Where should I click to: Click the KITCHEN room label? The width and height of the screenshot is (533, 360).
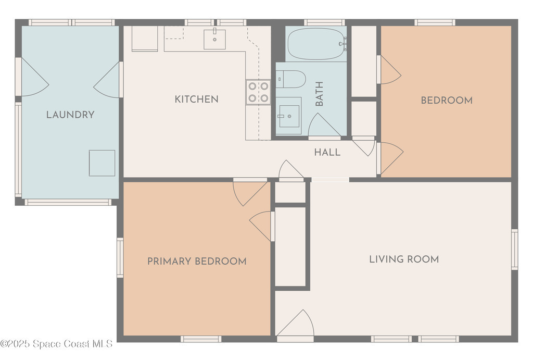pyautogui.click(x=196, y=100)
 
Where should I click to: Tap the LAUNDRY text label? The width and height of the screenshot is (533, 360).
pyautogui.click(x=70, y=115)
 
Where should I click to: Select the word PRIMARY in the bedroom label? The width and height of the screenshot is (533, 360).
pyautogui.click(x=169, y=262)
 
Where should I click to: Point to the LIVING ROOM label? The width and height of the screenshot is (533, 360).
pyautogui.click(x=404, y=259)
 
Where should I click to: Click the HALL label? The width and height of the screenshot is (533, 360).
pyautogui.click(x=327, y=152)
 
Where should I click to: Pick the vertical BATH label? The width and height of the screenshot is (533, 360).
pyautogui.click(x=319, y=94)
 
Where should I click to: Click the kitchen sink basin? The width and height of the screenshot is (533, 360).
pyautogui.click(x=214, y=40)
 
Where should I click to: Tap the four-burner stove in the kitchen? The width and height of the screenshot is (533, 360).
pyautogui.click(x=258, y=92)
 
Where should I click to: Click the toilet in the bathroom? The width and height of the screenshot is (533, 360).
pyautogui.click(x=290, y=79)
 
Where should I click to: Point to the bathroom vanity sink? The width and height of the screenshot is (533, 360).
pyautogui.click(x=289, y=116)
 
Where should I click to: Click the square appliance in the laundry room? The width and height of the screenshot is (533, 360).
pyautogui.click(x=102, y=163)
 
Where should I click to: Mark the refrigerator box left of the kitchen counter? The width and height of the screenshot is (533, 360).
pyautogui.click(x=145, y=39)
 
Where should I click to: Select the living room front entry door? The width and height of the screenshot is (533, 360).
pyautogui.click(x=295, y=322)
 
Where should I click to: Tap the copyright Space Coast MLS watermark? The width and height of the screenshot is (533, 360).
pyautogui.click(x=56, y=344)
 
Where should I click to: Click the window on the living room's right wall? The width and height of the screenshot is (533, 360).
pyautogui.click(x=515, y=250)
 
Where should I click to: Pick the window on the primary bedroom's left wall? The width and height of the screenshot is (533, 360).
pyautogui.click(x=120, y=257)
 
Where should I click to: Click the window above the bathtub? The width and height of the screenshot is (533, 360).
pyautogui.click(x=324, y=22)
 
